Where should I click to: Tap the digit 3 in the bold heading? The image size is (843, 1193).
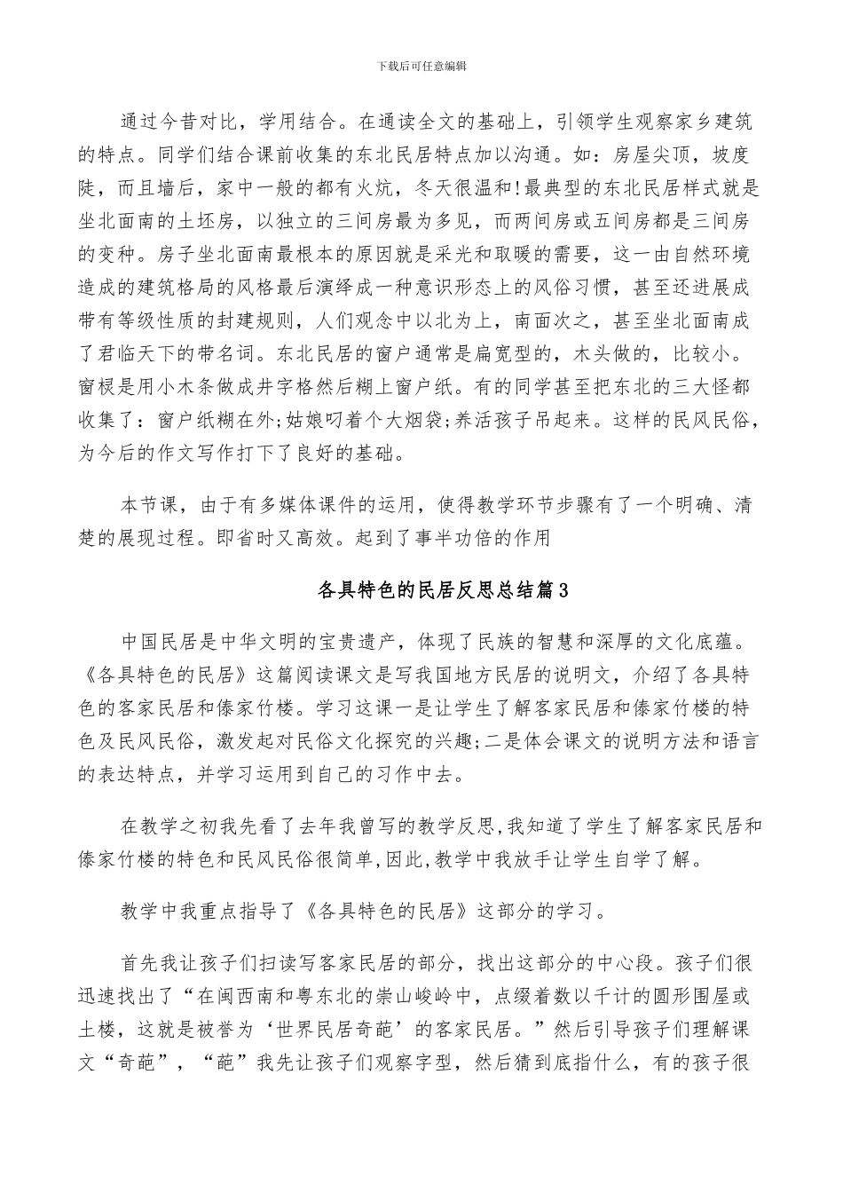tap(560, 590)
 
